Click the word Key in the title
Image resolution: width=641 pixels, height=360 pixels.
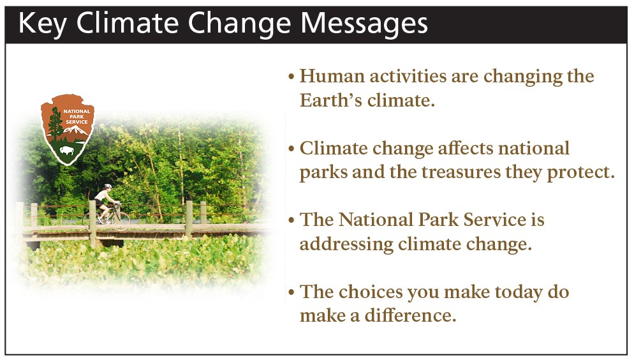tap(42, 24)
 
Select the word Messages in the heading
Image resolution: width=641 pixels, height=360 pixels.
tap(364, 24)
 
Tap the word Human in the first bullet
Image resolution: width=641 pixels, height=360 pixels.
tap(332, 76)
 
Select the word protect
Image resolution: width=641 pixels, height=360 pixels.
tap(580, 172)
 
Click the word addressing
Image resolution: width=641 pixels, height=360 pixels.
tap(346, 244)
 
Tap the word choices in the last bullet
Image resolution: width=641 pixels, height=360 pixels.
tap(371, 292)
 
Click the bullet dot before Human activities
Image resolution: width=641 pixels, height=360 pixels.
tap(291, 77)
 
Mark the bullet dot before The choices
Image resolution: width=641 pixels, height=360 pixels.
tap(291, 292)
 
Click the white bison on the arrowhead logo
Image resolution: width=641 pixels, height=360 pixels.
tap(67, 150)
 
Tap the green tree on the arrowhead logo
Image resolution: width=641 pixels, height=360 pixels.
tap(55, 123)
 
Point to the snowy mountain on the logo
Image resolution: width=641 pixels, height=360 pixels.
tap(76, 130)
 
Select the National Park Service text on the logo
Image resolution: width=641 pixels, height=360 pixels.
tap(77, 117)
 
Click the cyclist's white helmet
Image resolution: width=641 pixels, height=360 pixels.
tap(108, 186)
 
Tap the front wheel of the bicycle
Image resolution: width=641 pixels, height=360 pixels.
tap(121, 221)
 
